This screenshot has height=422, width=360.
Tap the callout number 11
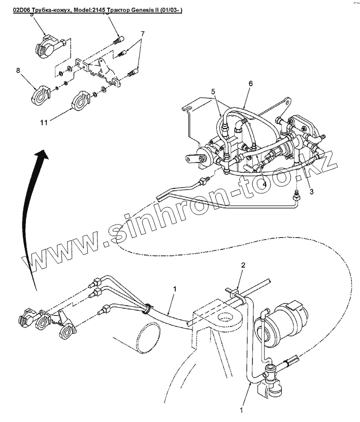click(44, 122)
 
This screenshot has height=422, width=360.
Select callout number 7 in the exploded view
click(143, 34)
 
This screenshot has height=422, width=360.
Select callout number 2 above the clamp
click(243, 265)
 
